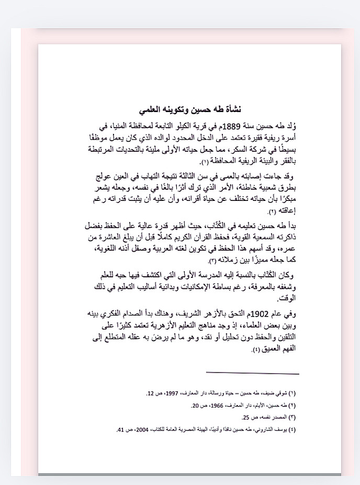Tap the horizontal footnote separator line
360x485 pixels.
coord(252,373)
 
